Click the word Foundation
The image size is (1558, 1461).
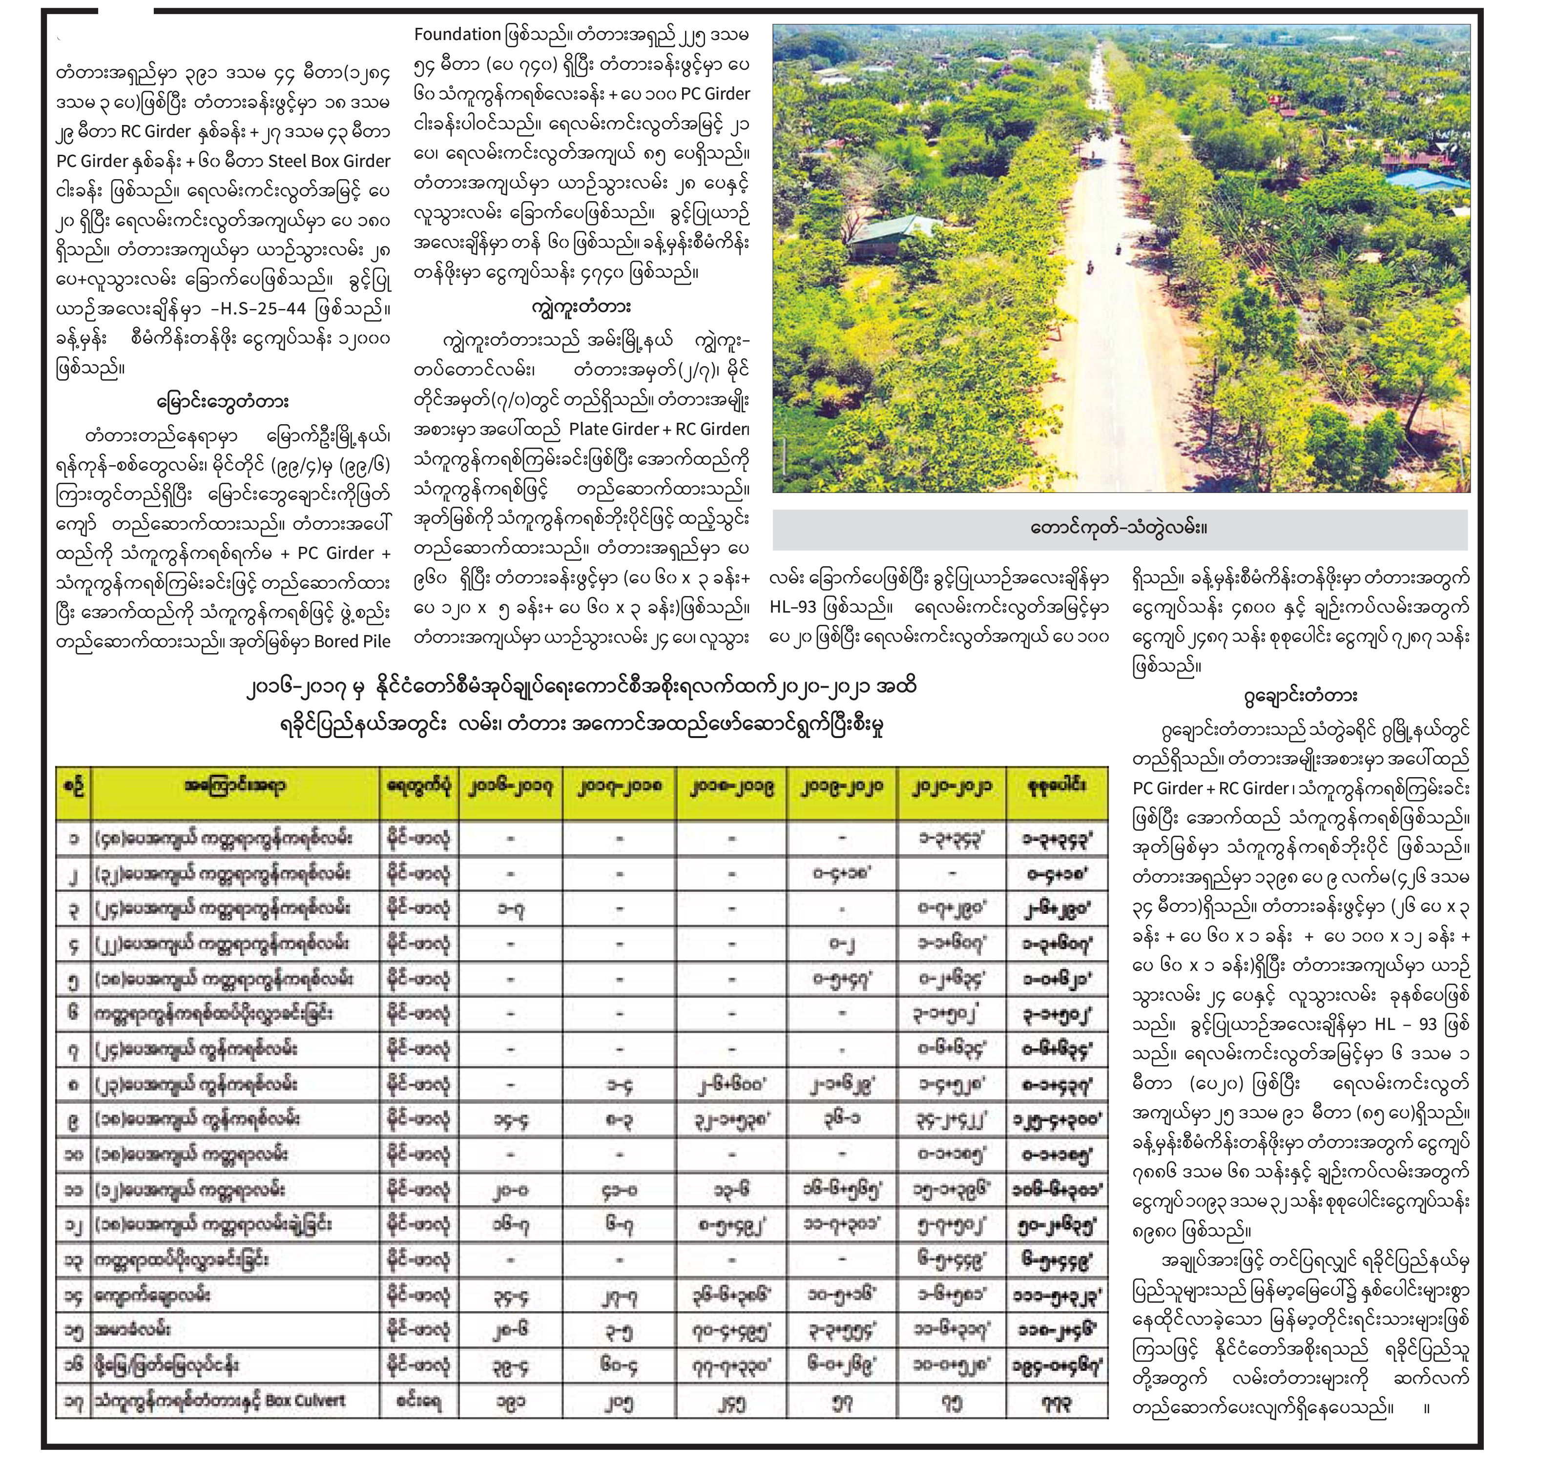pos(457,35)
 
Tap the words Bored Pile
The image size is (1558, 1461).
pos(352,641)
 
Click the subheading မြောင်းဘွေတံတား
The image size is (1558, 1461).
pos(222,402)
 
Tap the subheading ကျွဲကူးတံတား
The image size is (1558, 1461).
pos(580,305)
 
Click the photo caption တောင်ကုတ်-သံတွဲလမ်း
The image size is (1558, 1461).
pos(1119,528)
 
